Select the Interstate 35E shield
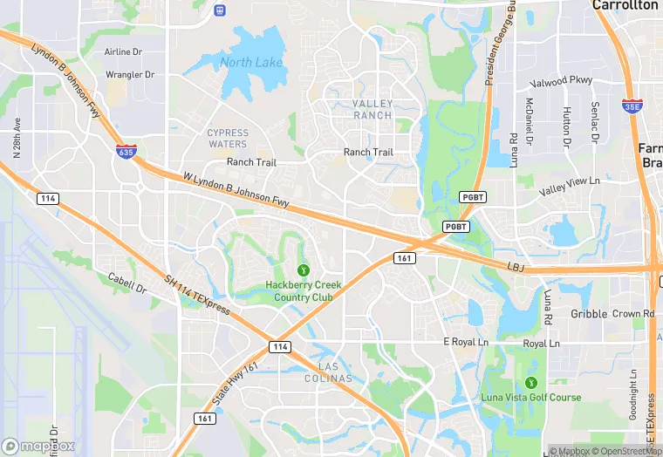pyautogui.click(x=633, y=106)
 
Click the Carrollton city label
pyautogui.click(x=625, y=5)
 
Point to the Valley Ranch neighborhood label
pyautogui.click(x=373, y=109)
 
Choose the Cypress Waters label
pyautogui.click(x=228, y=138)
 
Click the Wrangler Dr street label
pyautogui.click(x=130, y=75)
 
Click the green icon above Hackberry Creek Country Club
pyautogui.click(x=304, y=269)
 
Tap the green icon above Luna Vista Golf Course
pyautogui.click(x=530, y=382)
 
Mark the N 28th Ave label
pyautogui.click(x=17, y=138)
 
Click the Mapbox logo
pyautogui.click(x=38, y=446)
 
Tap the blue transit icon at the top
pyautogui.click(x=218, y=10)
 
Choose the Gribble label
pyautogui.click(x=588, y=314)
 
